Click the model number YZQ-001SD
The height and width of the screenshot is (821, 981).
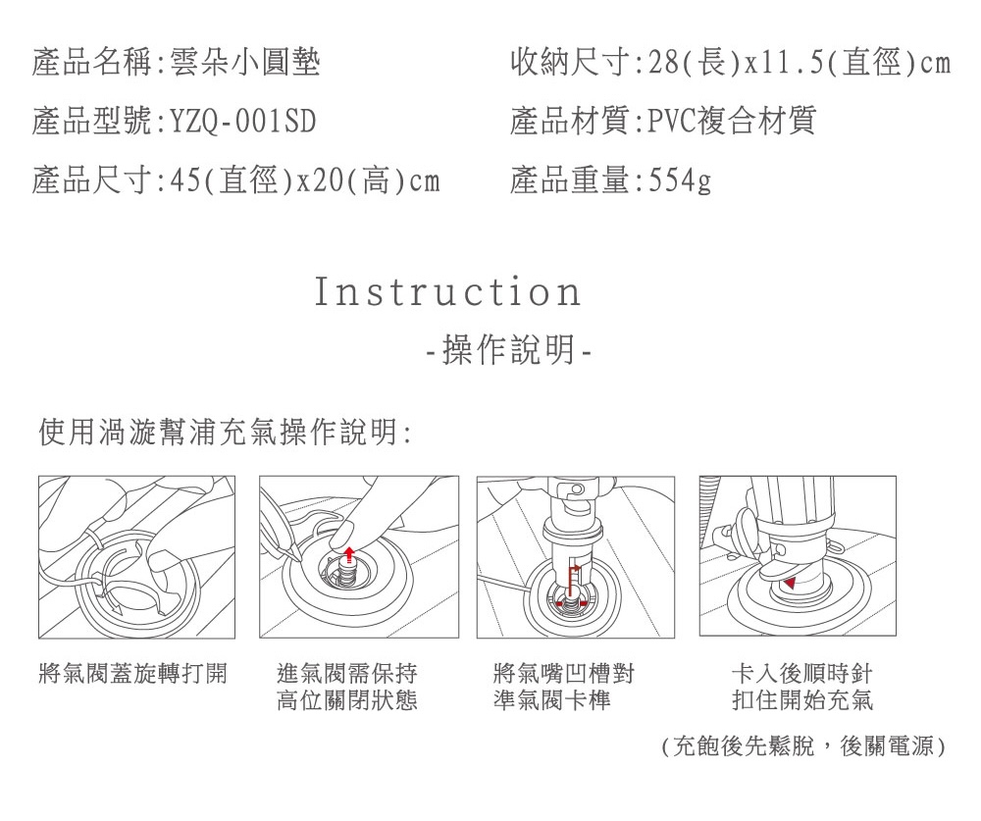(243, 122)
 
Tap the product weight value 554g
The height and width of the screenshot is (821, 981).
(680, 181)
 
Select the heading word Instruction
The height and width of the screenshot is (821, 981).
(447, 292)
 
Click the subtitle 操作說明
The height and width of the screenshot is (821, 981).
(508, 349)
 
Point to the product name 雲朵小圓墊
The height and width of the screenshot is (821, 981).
(245, 63)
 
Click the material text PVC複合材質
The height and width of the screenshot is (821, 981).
(732, 122)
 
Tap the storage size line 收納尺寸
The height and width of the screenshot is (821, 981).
(731, 63)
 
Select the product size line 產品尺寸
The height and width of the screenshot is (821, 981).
(236, 181)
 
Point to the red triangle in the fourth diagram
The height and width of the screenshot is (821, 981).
(790, 584)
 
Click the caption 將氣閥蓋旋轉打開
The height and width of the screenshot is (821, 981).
(132, 674)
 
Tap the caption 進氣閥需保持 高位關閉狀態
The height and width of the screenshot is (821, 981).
(347, 687)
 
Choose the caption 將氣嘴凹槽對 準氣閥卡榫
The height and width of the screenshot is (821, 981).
(564, 687)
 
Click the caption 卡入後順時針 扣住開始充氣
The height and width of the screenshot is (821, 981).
(802, 687)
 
